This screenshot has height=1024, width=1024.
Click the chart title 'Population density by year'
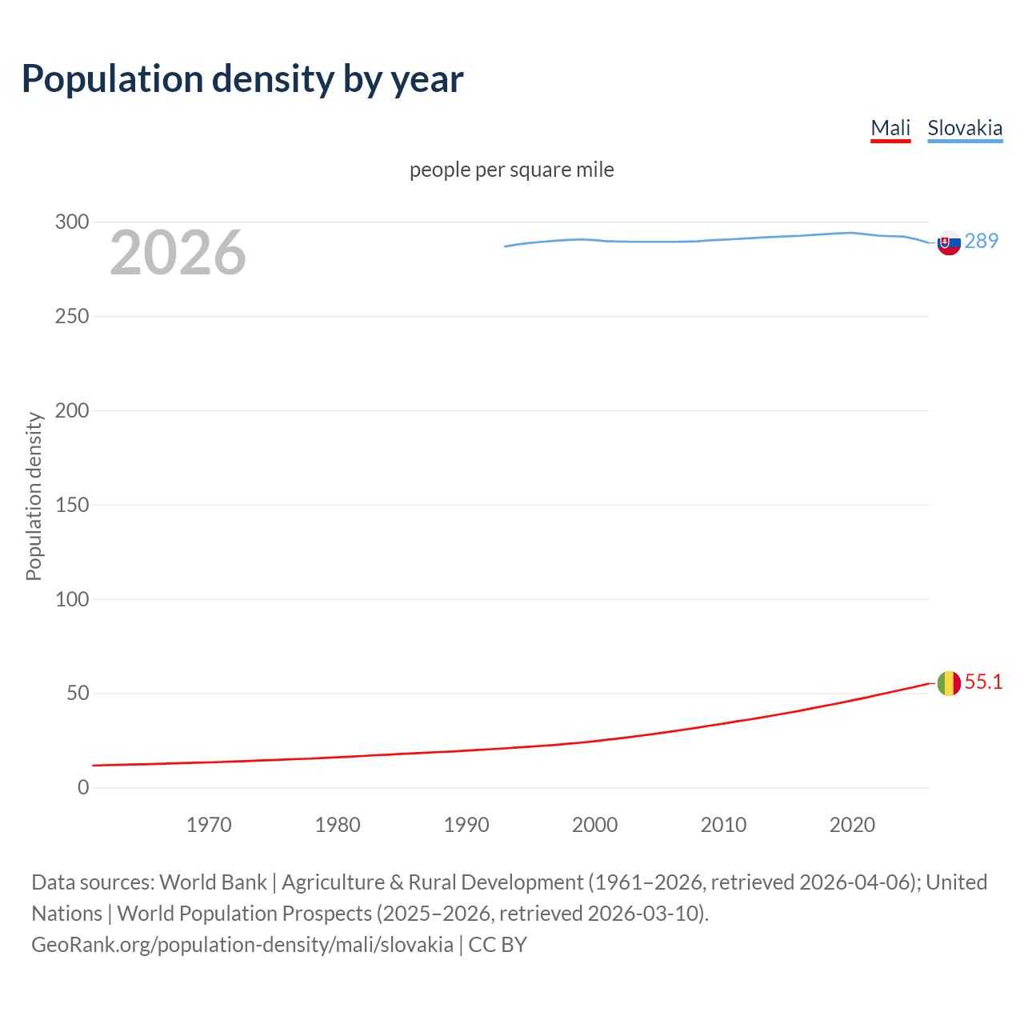pyautogui.click(x=242, y=79)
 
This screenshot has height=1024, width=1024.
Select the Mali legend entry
pyautogui.click(x=890, y=129)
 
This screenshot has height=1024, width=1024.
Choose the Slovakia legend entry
pyautogui.click(x=964, y=129)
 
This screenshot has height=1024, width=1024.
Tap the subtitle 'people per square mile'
pyautogui.click(x=511, y=170)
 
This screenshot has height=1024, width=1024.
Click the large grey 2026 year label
pyautogui.click(x=178, y=253)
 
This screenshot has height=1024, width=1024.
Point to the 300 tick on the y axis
pyautogui.click(x=72, y=222)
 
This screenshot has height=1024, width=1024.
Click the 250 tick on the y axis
pyautogui.click(x=72, y=317)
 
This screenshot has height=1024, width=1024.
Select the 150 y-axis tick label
pyautogui.click(x=72, y=505)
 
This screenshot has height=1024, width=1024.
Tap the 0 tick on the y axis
pyautogui.click(x=83, y=788)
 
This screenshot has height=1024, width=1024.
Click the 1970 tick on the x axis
pyautogui.click(x=209, y=825)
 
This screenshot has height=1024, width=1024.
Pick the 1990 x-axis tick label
pyautogui.click(x=466, y=825)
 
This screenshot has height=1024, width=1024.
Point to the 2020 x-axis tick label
pyautogui.click(x=852, y=825)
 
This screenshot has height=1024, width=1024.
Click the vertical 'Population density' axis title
pyautogui.click(x=34, y=496)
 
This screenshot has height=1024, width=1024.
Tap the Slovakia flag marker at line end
pyautogui.click(x=949, y=242)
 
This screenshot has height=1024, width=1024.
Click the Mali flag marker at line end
pyautogui.click(x=949, y=683)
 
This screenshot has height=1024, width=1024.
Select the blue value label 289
pyautogui.click(x=982, y=241)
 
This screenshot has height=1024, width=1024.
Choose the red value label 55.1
pyautogui.click(x=983, y=682)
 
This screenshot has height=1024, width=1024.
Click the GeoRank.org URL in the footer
pyautogui.click(x=242, y=945)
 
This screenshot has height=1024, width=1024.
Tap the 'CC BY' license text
pyautogui.click(x=498, y=945)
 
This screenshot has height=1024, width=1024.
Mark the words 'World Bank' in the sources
pyautogui.click(x=213, y=882)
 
